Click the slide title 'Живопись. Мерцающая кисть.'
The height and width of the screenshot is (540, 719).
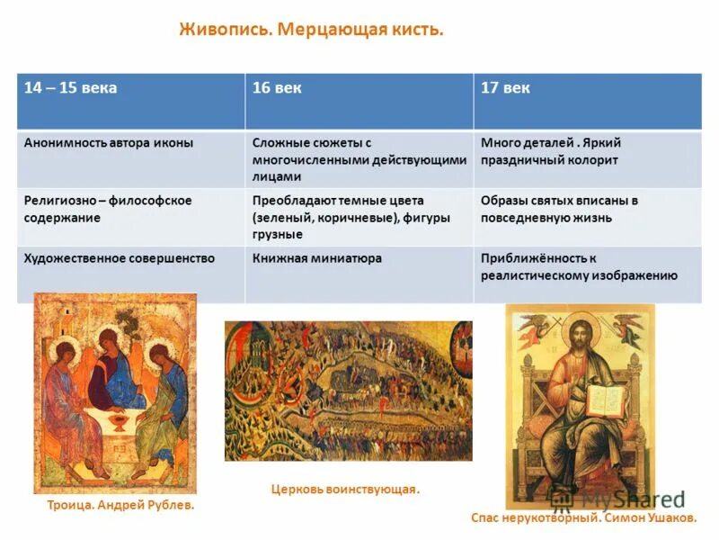(312, 31)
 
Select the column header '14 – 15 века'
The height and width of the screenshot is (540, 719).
(71, 88)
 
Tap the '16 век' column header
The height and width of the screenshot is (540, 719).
(277, 88)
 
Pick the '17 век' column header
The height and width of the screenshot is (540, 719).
(505, 88)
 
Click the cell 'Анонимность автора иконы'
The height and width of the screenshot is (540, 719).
(109, 142)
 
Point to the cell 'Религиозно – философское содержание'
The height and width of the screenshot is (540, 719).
(108, 209)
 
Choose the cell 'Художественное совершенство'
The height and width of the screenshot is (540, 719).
(120, 258)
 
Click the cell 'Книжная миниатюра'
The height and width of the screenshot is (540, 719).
(317, 258)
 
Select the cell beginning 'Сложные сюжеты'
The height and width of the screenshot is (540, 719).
(359, 159)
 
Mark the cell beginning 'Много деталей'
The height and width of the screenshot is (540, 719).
(551, 151)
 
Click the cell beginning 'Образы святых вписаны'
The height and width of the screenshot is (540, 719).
(559, 209)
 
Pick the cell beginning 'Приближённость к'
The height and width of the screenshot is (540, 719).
(579, 266)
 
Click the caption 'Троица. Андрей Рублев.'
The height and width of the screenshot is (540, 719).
(120, 506)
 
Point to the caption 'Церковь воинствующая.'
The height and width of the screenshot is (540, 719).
(345, 490)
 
